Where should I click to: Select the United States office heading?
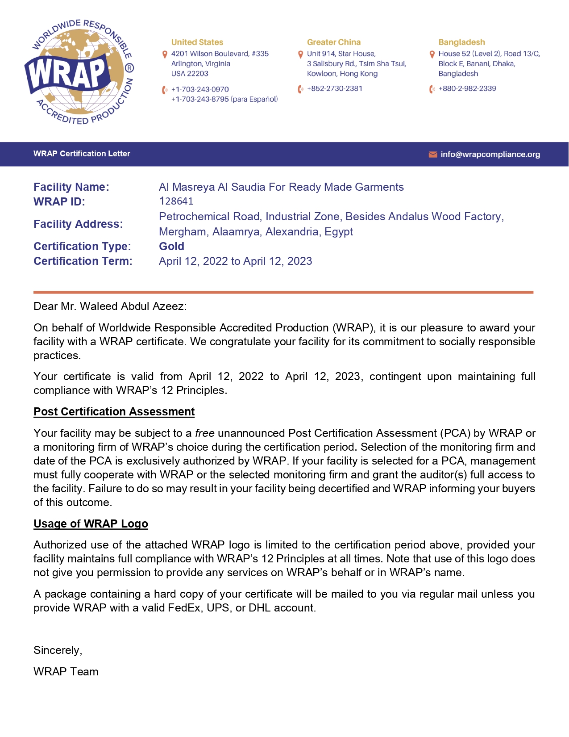coord(197,42)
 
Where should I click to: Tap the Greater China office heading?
coord(333,42)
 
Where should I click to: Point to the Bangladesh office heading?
coord(461,42)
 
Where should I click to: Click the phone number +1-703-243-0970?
coord(200,89)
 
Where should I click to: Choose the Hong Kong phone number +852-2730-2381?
coord(335,88)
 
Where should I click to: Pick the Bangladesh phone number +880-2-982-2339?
coord(467,88)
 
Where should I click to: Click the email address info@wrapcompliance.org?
coord(490,155)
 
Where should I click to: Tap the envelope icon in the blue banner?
coord(432,155)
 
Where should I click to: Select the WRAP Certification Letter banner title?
coord(82,154)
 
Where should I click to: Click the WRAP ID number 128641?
coord(176,201)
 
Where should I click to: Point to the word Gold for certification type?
coord(171,247)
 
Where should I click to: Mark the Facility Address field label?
coord(78,224)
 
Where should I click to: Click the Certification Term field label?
coord(83,261)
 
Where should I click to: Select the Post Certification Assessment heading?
coord(114,412)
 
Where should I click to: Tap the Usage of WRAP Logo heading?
coord(91,524)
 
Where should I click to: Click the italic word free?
coord(205,433)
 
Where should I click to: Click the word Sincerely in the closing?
coord(58,650)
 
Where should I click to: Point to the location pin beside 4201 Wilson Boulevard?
coord(165,54)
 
